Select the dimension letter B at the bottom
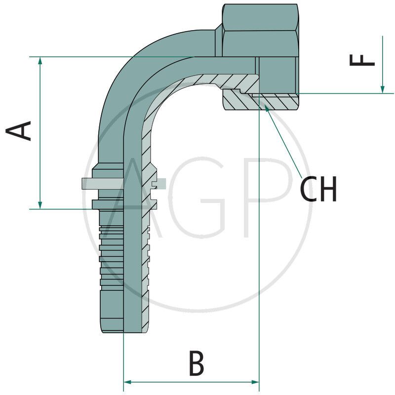(196, 364)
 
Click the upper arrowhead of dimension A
(40, 60)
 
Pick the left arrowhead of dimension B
(127, 382)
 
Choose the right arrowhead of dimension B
(255, 382)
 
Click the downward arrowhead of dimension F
(383, 89)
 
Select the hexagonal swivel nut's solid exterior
(259, 30)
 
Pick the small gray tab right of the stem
(159, 184)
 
